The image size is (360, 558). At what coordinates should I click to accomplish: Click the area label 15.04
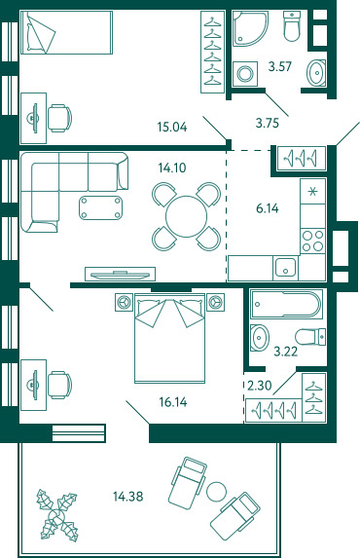point(172,127)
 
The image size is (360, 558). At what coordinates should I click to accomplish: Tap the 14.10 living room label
point(172,167)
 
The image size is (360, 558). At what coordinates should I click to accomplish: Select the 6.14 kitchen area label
point(268,208)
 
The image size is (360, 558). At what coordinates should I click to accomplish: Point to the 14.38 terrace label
point(128,496)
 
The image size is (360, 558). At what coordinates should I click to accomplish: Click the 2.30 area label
point(260,385)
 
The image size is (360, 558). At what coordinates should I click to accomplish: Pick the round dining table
point(186,216)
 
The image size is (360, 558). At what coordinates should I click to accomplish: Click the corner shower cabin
point(250,28)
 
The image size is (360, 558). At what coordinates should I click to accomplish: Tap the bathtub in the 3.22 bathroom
point(286,304)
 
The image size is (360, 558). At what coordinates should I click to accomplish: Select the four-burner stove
point(312,241)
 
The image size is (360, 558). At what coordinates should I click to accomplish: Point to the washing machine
point(245,74)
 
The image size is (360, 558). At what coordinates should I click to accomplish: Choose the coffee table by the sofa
point(101,207)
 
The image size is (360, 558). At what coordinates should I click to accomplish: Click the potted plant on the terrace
point(56,515)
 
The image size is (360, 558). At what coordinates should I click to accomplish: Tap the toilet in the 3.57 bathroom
point(293,26)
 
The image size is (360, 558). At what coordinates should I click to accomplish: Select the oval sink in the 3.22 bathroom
point(260,337)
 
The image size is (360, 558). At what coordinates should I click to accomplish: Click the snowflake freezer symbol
point(312,192)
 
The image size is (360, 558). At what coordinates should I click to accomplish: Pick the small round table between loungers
point(216,491)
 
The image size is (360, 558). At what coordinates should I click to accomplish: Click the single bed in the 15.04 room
point(66,32)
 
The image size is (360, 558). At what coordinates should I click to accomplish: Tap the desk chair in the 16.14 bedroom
point(60,385)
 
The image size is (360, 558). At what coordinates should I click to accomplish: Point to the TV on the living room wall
point(120,274)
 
